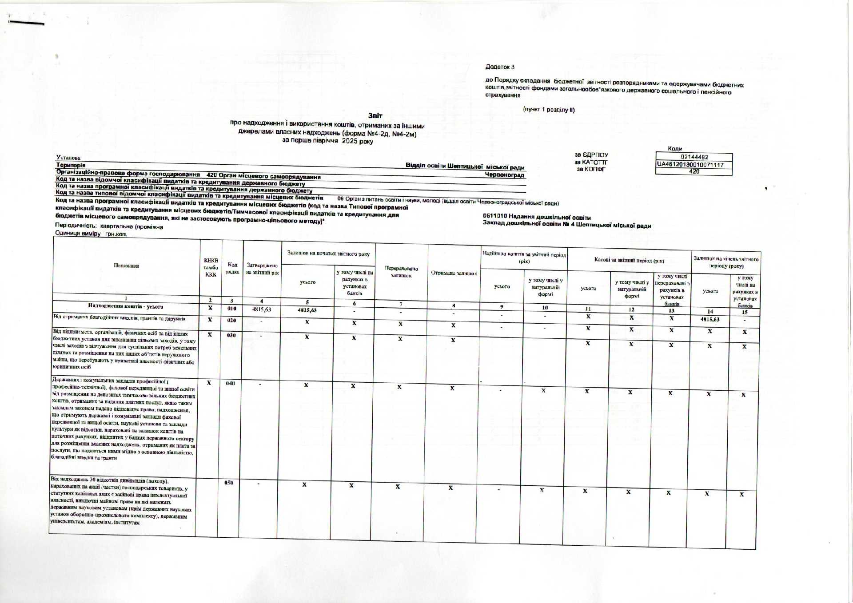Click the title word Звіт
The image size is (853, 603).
click(375, 115)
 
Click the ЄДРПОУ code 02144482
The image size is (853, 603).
click(694, 157)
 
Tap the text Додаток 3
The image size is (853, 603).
click(500, 67)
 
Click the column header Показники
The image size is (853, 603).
click(126, 266)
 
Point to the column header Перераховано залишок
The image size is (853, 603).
click(401, 272)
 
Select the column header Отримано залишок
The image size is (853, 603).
click(454, 273)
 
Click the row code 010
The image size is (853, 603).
click(232, 308)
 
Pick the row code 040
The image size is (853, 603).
click(230, 383)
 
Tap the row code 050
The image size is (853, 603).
click(228, 482)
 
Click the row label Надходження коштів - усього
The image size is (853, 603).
click(126, 306)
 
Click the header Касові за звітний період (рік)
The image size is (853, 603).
click(629, 260)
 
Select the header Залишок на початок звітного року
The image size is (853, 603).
click(328, 254)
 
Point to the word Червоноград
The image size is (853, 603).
click(505, 175)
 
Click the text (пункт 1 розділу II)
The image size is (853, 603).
click(549, 110)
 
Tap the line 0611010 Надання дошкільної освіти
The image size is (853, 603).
click(537, 217)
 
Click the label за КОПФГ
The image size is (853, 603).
click(591, 169)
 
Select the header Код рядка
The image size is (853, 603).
click(232, 268)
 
